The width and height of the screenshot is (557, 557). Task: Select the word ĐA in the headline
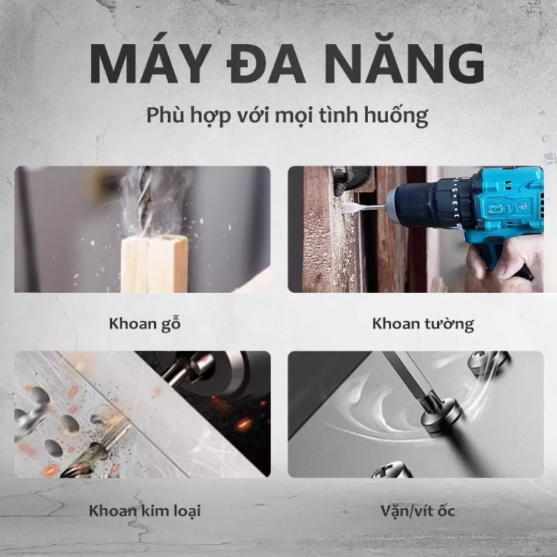[x=266, y=64]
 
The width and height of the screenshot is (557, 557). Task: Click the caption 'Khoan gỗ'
[x=145, y=325]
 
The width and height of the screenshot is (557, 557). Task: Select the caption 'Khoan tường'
[x=423, y=324]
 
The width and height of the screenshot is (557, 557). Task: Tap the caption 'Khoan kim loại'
[x=145, y=511]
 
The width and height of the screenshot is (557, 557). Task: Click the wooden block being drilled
[x=154, y=263]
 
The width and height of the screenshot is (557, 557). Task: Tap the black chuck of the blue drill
[x=423, y=206]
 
